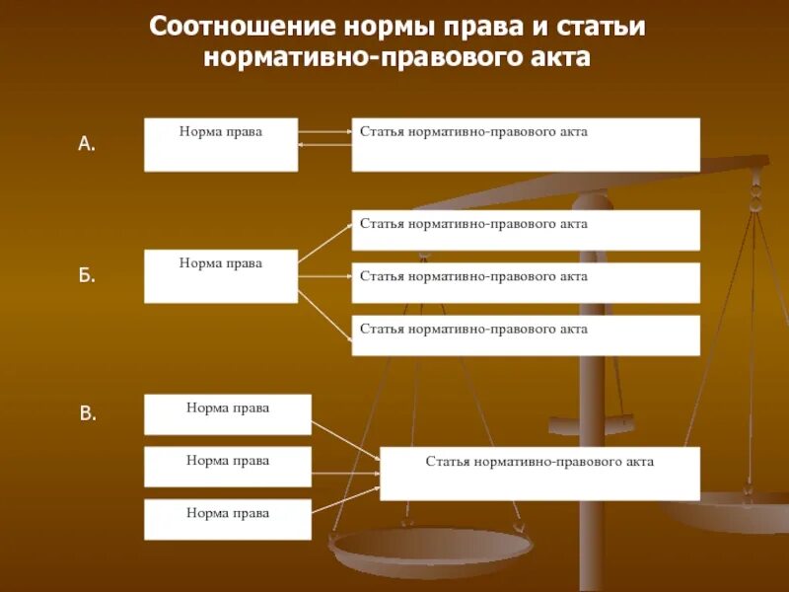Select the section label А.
87,144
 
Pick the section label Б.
87,276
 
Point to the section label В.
88,414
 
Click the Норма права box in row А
220,144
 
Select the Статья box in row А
526,144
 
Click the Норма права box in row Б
220,276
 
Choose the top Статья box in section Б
526,230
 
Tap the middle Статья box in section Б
526,282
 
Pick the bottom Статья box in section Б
526,335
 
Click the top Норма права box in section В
227,414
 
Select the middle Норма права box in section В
227,467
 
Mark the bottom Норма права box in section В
227,519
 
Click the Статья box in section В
539,474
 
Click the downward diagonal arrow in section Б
324,315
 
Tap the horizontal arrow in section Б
324,277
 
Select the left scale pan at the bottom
430,547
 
